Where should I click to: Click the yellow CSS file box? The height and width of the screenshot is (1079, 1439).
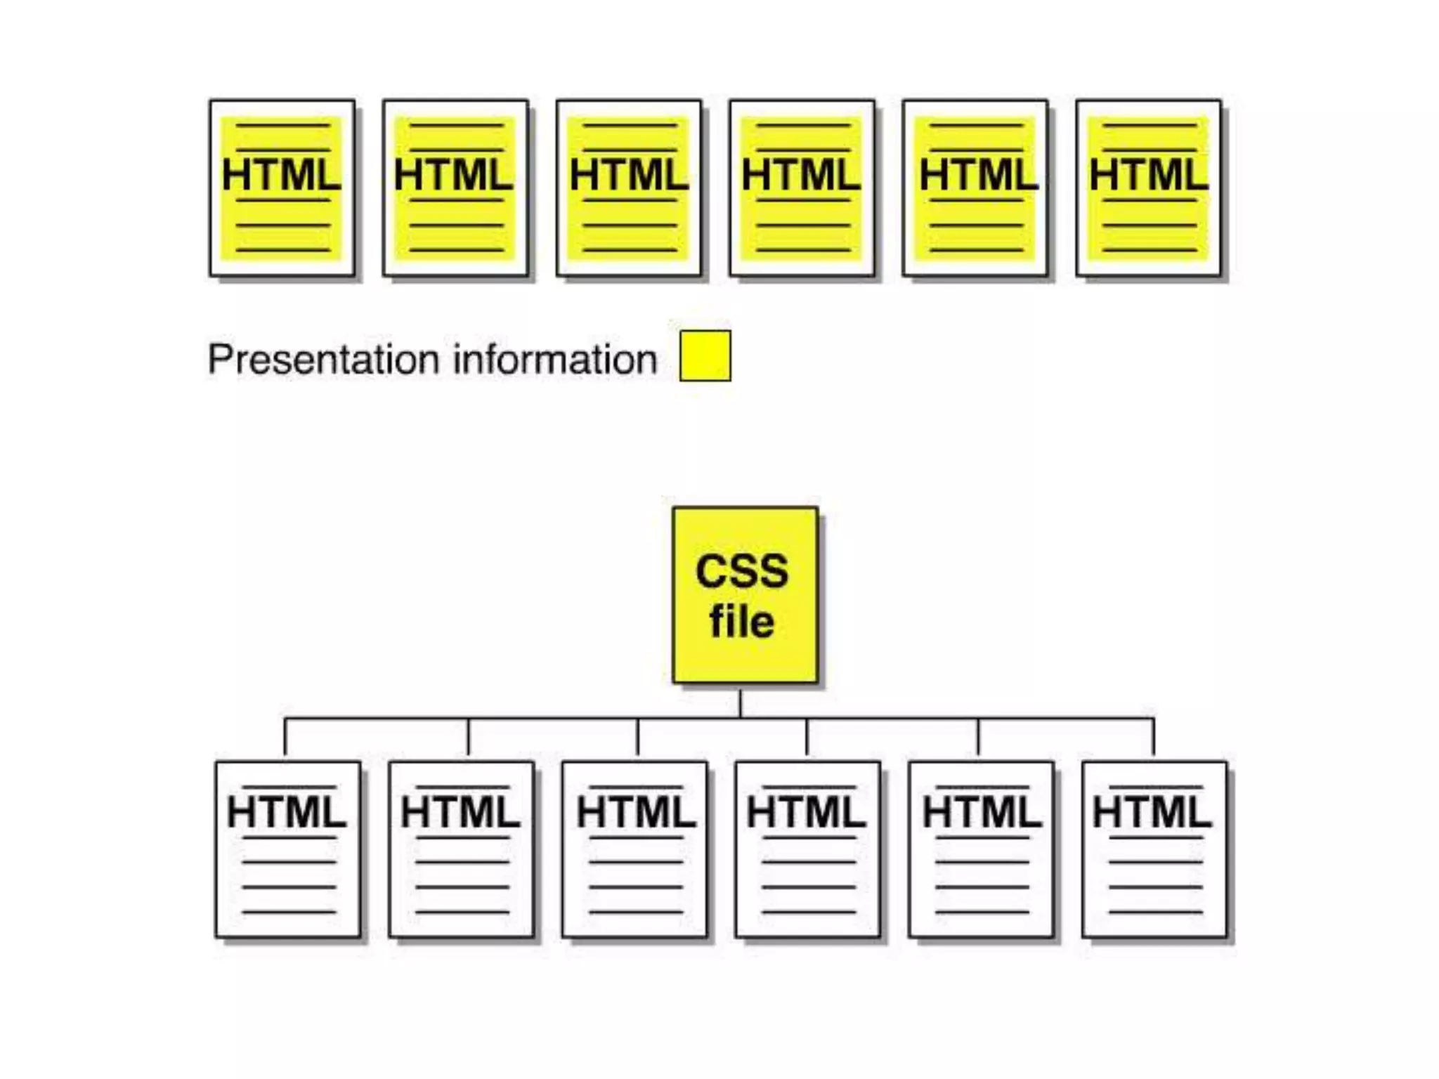[745, 594]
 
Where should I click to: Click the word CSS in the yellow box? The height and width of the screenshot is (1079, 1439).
[742, 571]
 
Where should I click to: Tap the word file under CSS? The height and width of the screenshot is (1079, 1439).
[742, 622]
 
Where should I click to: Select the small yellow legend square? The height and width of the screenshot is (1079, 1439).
[705, 356]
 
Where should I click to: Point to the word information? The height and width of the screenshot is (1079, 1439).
[555, 360]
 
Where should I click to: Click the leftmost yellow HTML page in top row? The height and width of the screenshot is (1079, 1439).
[282, 188]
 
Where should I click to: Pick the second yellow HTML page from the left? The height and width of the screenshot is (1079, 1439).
[455, 188]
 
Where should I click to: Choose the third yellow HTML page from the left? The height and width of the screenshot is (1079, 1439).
[629, 188]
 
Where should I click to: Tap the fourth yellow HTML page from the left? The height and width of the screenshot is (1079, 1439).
[802, 188]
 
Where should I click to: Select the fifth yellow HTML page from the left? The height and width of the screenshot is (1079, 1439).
[975, 188]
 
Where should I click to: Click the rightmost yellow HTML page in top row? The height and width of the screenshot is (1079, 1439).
[1149, 188]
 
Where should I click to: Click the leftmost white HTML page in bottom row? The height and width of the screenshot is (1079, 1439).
[288, 850]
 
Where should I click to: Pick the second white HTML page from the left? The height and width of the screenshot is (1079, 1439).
[462, 850]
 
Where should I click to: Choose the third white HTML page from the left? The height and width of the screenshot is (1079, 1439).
[634, 850]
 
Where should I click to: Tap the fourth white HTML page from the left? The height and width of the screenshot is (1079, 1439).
[808, 850]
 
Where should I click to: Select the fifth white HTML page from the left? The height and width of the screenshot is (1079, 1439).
[981, 850]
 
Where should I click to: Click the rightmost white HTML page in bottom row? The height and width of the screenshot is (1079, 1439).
[1154, 850]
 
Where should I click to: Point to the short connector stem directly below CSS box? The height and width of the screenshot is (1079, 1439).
[740, 702]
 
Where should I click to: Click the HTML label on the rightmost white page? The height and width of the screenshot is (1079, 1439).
[1152, 813]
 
